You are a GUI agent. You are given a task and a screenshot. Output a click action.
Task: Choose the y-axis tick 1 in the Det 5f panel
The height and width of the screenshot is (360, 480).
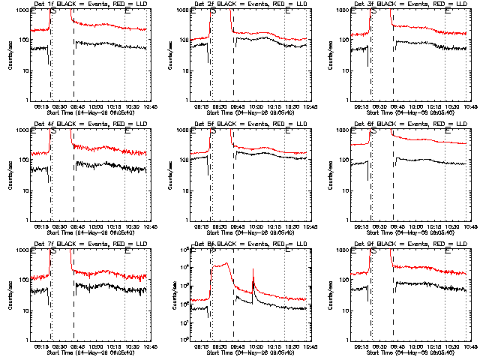tap(188, 220)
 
